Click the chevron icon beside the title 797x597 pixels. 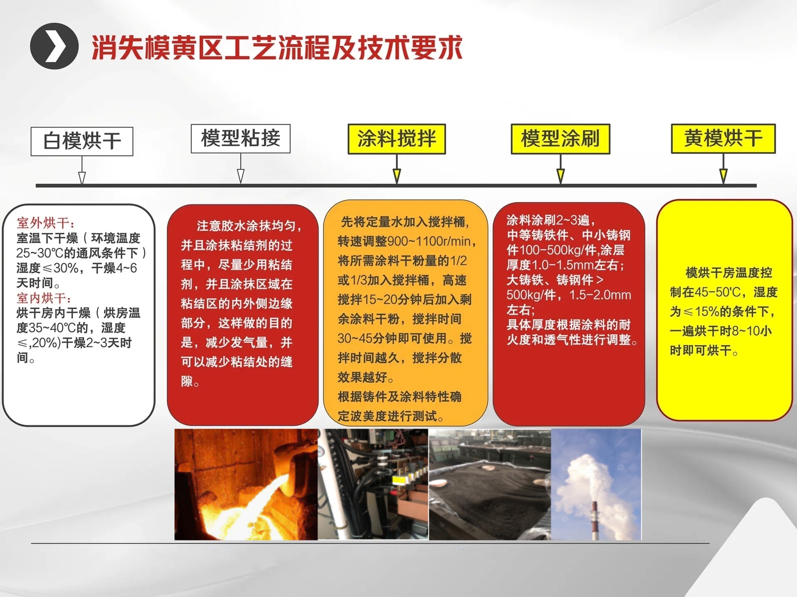(x=54, y=46)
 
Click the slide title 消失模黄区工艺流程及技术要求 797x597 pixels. (x=277, y=47)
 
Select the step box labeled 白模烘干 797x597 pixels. (x=82, y=141)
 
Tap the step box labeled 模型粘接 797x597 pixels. (x=240, y=138)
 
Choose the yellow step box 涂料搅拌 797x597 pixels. (x=396, y=139)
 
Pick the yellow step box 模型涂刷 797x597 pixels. (x=560, y=139)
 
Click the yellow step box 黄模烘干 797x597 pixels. (x=723, y=138)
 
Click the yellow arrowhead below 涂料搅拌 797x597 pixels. (x=397, y=176)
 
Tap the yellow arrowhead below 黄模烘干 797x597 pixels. (x=723, y=176)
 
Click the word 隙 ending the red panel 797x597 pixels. (x=187, y=381)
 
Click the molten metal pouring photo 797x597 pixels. (x=246, y=484)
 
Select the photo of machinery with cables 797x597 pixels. (x=373, y=484)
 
